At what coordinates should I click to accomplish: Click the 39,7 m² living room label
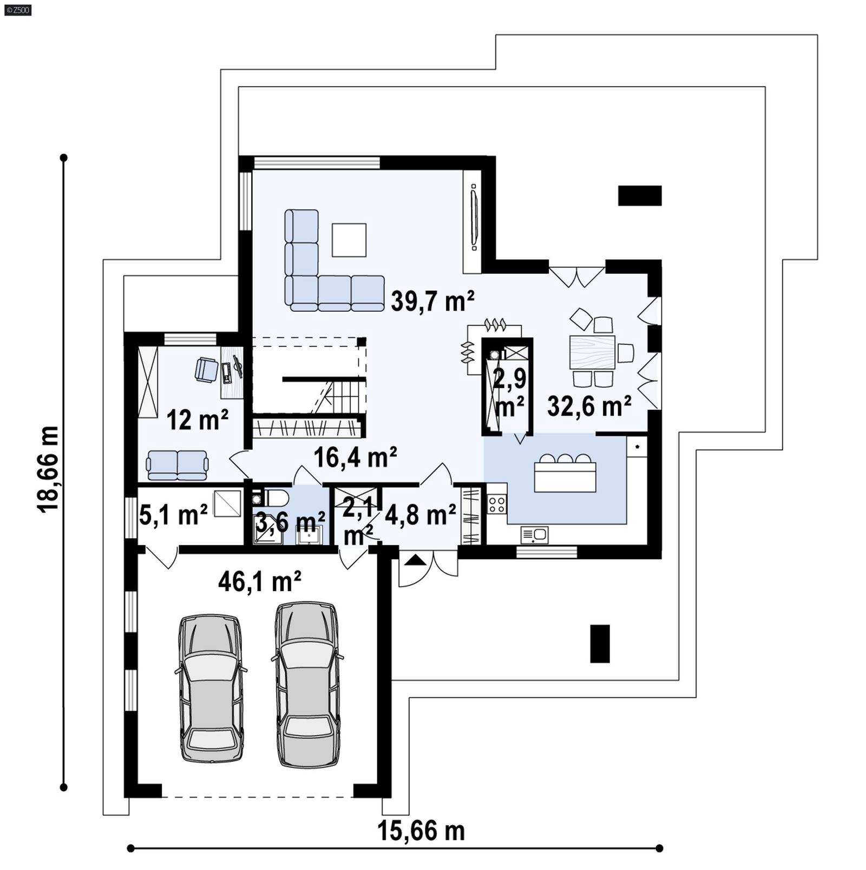pos(432,301)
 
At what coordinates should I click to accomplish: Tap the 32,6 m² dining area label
pos(589,406)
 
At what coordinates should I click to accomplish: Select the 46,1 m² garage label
pos(260,582)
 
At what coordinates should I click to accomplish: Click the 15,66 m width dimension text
pos(421,831)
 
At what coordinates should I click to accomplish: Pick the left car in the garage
pos(211,688)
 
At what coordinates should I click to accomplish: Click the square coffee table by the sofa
pos(349,240)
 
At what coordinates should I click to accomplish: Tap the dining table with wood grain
pos(593,352)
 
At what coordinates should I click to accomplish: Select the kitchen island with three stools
pos(565,475)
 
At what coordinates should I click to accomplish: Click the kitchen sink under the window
pos(534,535)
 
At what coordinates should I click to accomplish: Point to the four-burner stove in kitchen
pos(496,503)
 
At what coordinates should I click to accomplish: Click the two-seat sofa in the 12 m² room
pos(177,465)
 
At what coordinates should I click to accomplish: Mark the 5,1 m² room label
pos(173,514)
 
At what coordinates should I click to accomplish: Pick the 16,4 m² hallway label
pos(356,457)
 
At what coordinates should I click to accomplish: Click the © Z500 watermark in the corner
pos(17,9)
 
